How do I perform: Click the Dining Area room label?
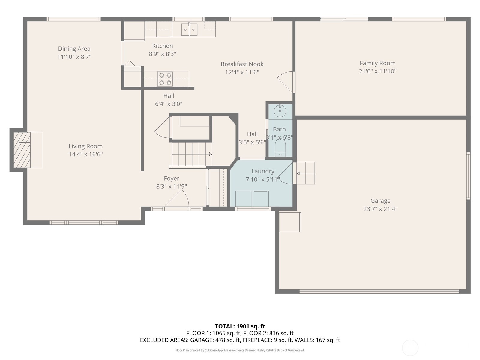tap(74, 49)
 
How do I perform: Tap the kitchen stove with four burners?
tap(165, 79)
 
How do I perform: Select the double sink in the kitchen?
tap(189, 29)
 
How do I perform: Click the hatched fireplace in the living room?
tap(22, 150)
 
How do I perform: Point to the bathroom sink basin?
tap(280, 111)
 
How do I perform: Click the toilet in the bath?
tap(280, 148)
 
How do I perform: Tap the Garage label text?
tap(380, 201)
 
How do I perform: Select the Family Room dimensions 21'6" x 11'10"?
tap(378, 71)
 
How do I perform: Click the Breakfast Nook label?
tap(242, 64)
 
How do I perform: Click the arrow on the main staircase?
tap(192, 154)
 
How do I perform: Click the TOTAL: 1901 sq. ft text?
tap(240, 326)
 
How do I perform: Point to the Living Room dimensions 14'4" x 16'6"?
tap(86, 154)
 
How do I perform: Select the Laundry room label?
tap(263, 171)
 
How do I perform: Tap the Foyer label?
tap(172, 178)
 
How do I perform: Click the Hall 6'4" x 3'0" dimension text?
tap(169, 104)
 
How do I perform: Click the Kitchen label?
tap(163, 46)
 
